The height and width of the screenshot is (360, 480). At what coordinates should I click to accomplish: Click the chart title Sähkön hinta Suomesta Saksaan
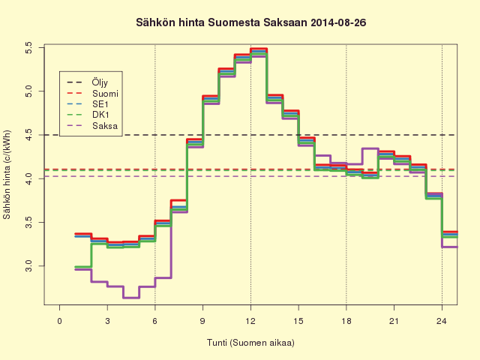click(223, 22)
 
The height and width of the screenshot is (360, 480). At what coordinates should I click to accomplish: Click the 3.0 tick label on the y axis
click(28, 265)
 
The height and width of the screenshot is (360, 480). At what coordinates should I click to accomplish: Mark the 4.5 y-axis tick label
click(28, 135)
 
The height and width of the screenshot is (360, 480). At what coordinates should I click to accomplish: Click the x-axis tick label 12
click(250, 321)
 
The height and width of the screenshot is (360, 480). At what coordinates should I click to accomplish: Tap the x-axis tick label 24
click(442, 321)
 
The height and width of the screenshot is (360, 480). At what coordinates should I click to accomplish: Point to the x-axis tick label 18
click(346, 321)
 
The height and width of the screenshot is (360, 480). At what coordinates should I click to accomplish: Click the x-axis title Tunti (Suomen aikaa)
click(250, 343)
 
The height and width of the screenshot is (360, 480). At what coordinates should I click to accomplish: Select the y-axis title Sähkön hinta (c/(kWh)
click(7, 175)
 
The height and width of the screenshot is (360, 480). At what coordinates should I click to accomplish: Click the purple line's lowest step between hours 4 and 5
click(131, 298)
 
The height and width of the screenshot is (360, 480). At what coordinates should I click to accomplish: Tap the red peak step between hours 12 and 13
click(259, 49)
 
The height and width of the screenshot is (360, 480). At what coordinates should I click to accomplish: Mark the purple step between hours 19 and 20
click(370, 148)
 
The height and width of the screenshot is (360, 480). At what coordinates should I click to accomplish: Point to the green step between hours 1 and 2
click(83, 267)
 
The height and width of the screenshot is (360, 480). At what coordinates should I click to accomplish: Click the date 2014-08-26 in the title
click(338, 22)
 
